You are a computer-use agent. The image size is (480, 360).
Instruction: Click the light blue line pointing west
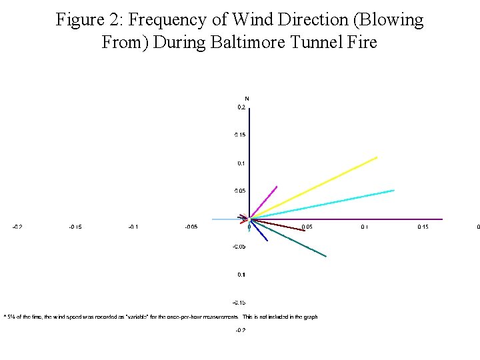[x=223, y=219]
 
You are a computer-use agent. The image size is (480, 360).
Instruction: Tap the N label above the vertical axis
[x=247, y=99]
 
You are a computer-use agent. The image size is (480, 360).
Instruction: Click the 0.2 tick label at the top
[x=241, y=107]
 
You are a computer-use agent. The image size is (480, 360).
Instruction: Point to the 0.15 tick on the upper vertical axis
[x=240, y=135]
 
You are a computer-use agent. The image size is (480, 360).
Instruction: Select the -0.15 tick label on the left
[x=75, y=227]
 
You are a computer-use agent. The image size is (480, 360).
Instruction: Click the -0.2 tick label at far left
[x=17, y=227]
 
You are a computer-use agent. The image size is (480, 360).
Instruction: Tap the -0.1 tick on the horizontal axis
[x=133, y=227]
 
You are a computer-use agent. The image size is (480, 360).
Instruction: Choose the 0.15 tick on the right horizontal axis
[x=423, y=227]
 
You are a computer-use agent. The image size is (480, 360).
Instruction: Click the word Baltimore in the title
[x=248, y=43]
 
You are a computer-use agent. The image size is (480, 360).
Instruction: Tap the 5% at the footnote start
[x=10, y=317]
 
